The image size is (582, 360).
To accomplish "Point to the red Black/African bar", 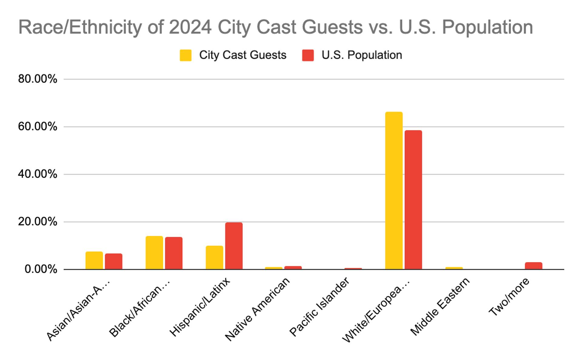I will tap(174, 253).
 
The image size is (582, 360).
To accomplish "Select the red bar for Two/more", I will tap(533, 266).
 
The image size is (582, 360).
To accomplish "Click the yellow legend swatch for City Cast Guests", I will tap(186, 55).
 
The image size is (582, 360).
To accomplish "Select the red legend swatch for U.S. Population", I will tap(308, 55).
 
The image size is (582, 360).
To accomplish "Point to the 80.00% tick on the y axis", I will tap(38, 79).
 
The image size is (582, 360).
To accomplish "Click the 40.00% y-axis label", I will tap(38, 174).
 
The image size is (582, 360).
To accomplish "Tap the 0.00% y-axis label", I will tap(41, 269).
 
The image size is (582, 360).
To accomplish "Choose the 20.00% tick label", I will tap(38, 222).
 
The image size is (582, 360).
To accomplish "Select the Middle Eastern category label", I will tap(440, 306).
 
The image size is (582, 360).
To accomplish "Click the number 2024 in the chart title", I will tap(190, 27).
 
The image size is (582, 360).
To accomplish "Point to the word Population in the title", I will tap(487, 27).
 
